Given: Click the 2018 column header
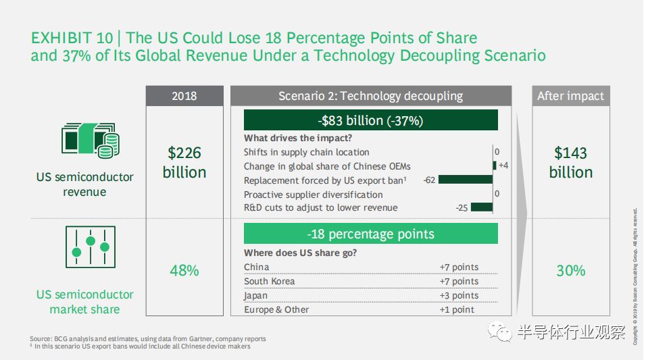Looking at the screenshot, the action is click(184, 96).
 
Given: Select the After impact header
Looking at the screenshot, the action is click(570, 96).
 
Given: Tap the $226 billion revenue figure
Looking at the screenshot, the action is click(184, 162).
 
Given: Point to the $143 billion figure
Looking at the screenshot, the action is click(570, 162).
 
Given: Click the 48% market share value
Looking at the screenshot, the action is click(184, 271).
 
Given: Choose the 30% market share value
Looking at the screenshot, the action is click(570, 271).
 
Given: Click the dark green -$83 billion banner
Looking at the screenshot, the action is click(371, 120).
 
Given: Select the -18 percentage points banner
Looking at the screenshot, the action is click(371, 234).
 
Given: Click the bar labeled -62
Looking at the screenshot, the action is click(466, 180).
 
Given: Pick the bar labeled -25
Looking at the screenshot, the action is click(482, 207).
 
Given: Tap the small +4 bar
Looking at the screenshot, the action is click(495, 165).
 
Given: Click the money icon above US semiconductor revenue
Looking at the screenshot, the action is click(91, 140).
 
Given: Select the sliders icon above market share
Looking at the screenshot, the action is click(91, 247).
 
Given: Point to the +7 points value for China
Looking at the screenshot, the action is click(459, 267).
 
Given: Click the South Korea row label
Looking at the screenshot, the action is click(270, 282).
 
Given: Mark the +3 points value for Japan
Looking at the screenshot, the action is click(459, 296).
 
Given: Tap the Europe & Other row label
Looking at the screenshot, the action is click(276, 310).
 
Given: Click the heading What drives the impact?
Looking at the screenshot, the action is click(298, 138).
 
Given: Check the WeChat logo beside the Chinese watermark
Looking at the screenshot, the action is click(500, 331).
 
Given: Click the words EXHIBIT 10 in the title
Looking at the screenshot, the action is click(72, 38).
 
